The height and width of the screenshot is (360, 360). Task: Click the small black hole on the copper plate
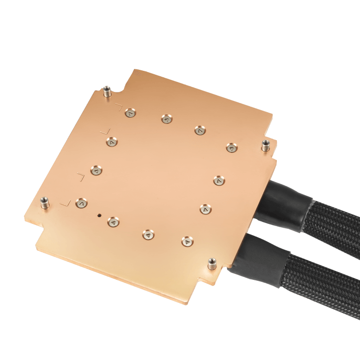pyautogui.click(x=100, y=215)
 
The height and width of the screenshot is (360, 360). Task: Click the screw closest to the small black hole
pyautogui.click(x=113, y=222)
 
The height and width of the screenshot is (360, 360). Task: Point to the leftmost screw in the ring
pyautogui.click(x=81, y=203)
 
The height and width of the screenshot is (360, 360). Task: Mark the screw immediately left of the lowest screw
pyautogui.click(x=147, y=235)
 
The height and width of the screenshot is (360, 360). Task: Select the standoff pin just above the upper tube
pyautogui.click(x=266, y=145)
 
